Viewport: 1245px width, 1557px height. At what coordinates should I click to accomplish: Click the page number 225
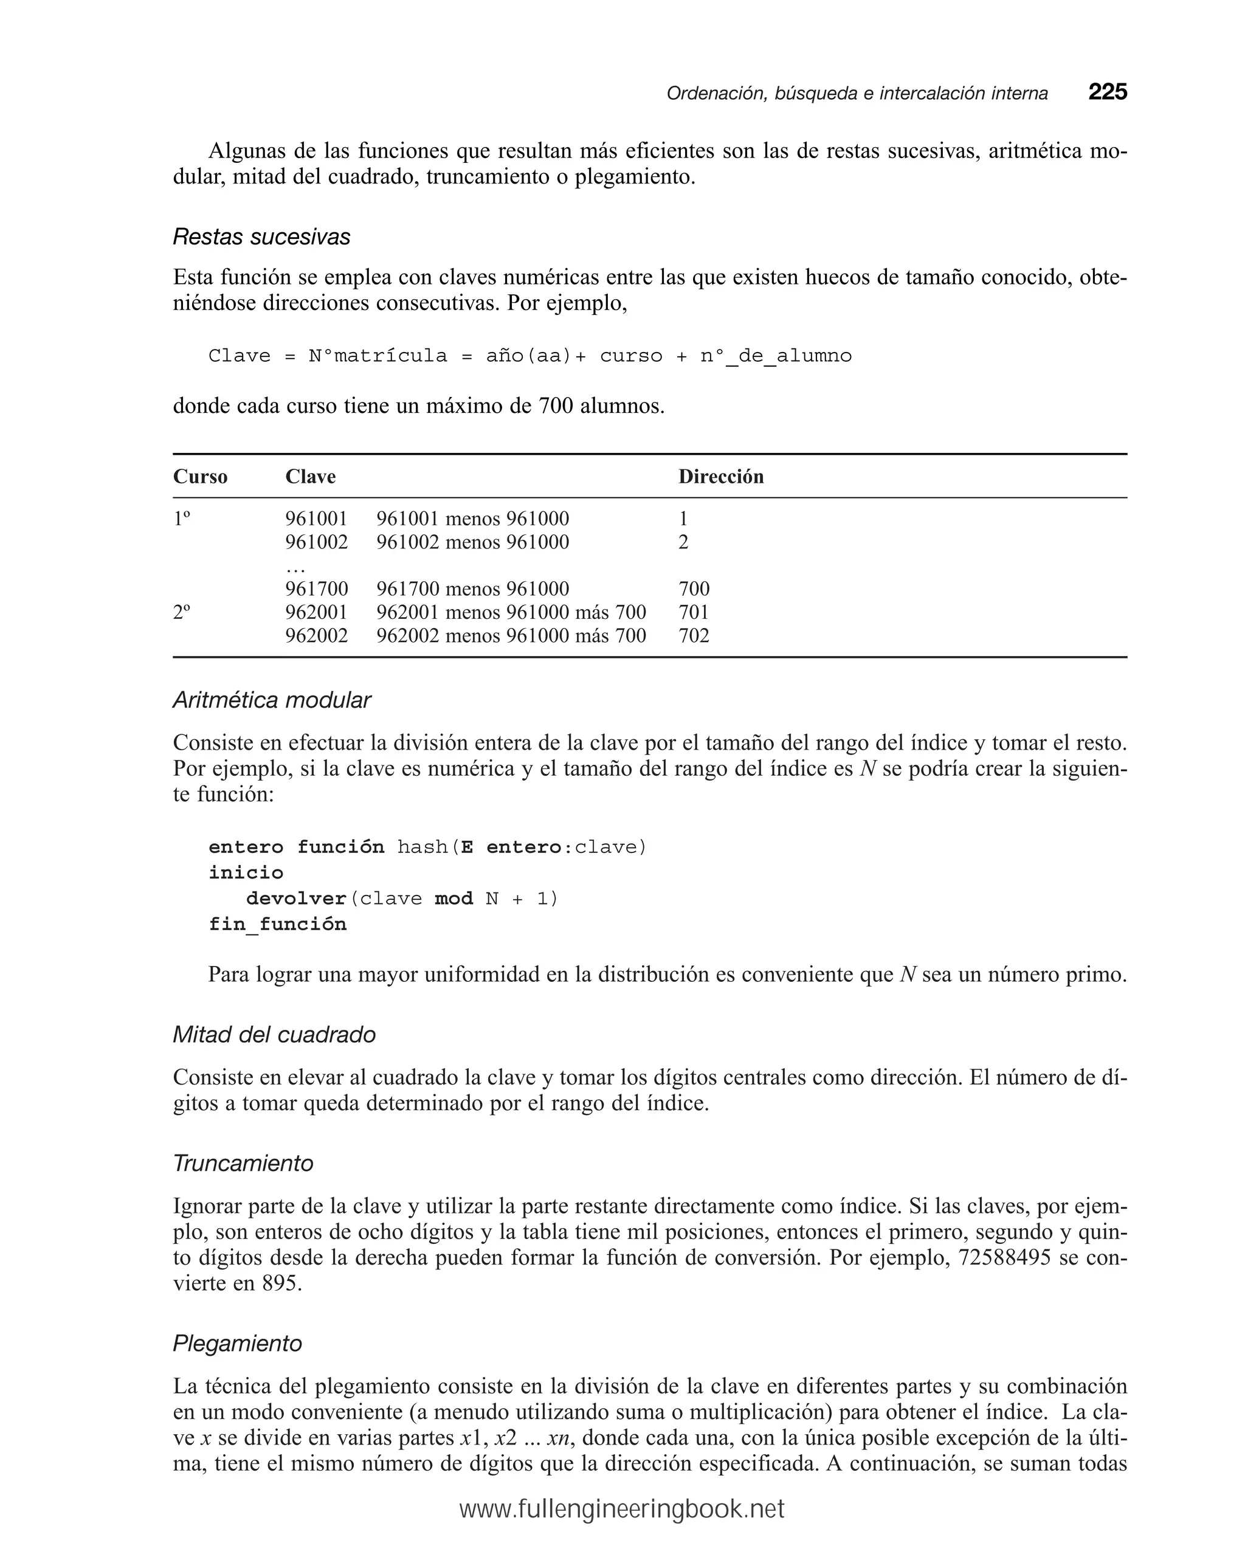(1107, 92)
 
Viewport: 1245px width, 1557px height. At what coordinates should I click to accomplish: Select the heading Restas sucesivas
(261, 237)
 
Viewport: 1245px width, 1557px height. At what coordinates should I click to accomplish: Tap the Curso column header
(200, 477)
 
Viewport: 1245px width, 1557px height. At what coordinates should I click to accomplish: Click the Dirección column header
(721, 477)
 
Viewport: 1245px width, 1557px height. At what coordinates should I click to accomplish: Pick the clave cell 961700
(316, 589)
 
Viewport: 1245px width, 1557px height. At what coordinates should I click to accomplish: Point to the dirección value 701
(693, 612)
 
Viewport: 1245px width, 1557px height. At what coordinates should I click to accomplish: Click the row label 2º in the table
(182, 612)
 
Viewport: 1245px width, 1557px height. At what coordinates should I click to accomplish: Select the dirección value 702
(693, 635)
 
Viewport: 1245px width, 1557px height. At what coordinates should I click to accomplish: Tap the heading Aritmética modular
(272, 700)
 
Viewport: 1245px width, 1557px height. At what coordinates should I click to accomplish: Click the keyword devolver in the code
(296, 899)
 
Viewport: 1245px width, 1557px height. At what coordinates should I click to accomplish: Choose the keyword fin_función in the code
(277, 924)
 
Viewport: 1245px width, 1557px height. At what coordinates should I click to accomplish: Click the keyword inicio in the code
(246, 872)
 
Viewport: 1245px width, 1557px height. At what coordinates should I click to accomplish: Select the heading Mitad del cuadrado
(274, 1034)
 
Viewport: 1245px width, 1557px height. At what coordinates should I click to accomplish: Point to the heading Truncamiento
(243, 1162)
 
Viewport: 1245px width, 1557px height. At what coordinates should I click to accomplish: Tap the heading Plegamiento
(237, 1343)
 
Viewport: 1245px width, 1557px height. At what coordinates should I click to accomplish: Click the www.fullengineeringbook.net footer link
(622, 1510)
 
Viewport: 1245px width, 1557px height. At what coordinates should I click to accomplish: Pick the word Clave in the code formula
(239, 356)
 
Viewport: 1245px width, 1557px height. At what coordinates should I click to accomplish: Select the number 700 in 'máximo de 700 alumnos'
(556, 406)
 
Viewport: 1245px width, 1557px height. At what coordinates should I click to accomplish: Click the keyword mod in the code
(454, 899)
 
